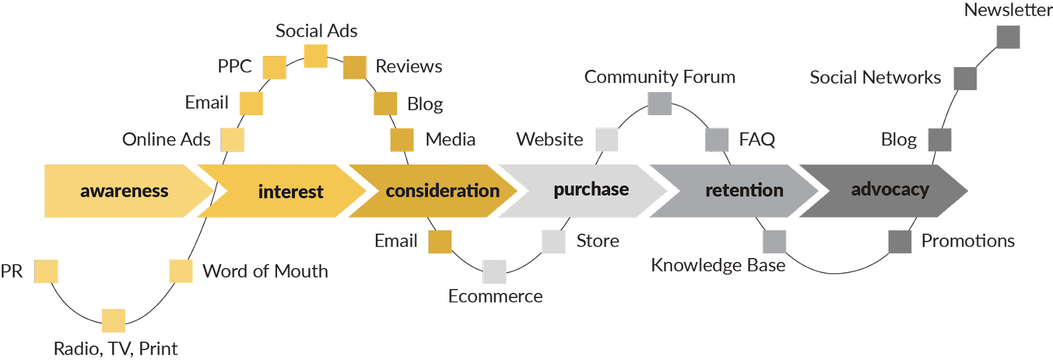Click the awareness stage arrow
(124, 191)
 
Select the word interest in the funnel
(290, 192)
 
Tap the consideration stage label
(442, 191)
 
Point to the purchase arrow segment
(590, 190)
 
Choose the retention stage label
(744, 190)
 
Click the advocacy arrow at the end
(890, 190)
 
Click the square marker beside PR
(47, 271)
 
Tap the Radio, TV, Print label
(116, 348)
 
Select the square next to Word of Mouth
(181, 271)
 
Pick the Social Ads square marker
(316, 56)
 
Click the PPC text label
(235, 66)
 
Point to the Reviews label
(409, 66)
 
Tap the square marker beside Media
(401, 140)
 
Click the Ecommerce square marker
(495, 271)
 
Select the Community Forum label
(659, 77)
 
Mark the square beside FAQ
(717, 140)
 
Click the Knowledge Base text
(718, 265)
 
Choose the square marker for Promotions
(900, 242)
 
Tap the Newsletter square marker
(1008, 37)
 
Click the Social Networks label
(875, 78)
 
